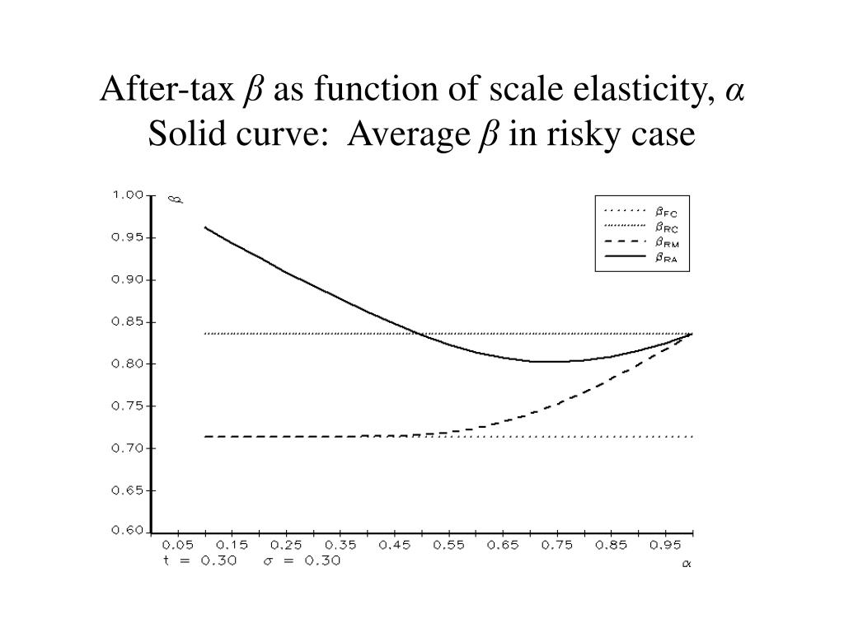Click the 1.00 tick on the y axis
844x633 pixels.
point(129,195)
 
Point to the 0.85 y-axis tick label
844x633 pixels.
point(129,321)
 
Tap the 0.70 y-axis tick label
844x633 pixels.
point(129,448)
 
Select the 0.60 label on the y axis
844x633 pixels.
point(129,532)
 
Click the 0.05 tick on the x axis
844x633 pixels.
point(178,546)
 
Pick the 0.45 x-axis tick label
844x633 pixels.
point(392,546)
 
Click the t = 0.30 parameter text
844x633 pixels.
point(199,560)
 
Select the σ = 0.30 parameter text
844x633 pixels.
point(300,560)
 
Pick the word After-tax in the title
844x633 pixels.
point(167,89)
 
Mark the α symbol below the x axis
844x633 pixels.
point(686,565)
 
